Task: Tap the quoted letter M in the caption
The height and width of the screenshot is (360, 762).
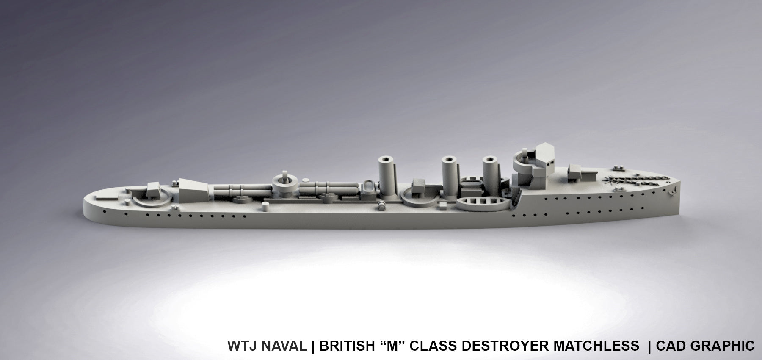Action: [392, 346]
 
